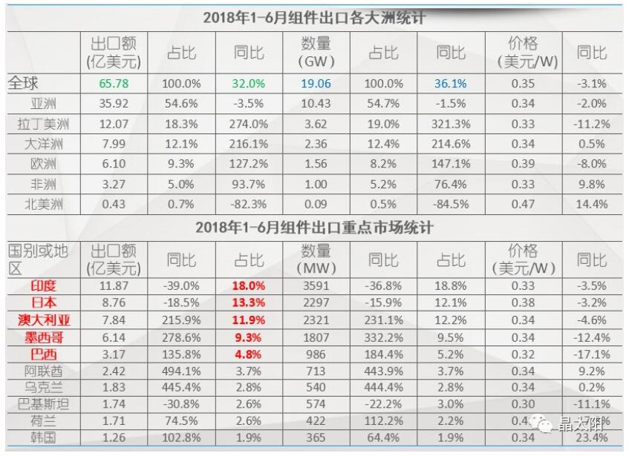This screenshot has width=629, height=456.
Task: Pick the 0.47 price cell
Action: click(x=523, y=204)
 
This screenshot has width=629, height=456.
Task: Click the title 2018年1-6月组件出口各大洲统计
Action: click(x=314, y=18)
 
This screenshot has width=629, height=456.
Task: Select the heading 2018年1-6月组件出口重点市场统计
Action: click(x=314, y=227)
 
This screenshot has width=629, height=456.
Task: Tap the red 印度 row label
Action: click(x=43, y=285)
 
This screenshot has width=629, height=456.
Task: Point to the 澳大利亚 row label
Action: click(x=43, y=320)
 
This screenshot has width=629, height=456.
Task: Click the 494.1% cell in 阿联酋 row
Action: click(x=182, y=371)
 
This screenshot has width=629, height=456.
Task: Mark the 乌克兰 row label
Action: click(x=43, y=388)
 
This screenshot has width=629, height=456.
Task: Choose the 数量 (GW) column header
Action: click(x=317, y=51)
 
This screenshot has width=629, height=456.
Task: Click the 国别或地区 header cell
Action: click(x=39, y=260)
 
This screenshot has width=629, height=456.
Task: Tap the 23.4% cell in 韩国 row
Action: click(x=592, y=438)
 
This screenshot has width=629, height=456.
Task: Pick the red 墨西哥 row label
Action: click(x=43, y=337)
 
